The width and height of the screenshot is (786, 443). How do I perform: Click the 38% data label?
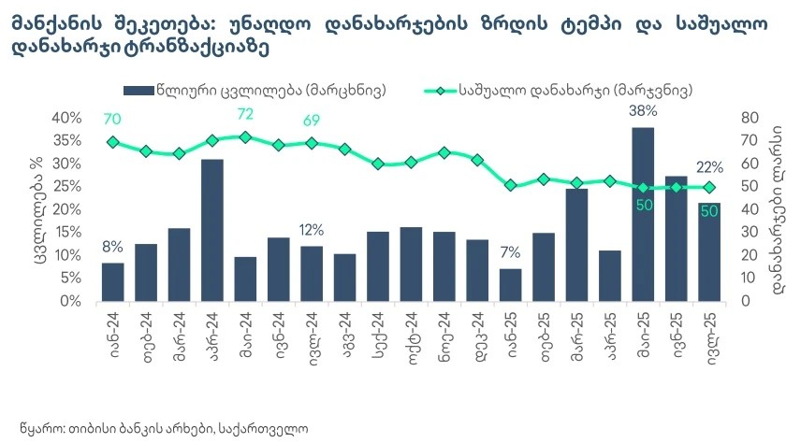pyautogui.click(x=644, y=110)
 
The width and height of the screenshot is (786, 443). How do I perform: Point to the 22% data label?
pyautogui.click(x=709, y=168)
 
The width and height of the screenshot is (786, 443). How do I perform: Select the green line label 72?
pyautogui.click(x=245, y=114)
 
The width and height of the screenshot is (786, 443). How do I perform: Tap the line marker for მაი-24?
pyautogui.click(x=245, y=136)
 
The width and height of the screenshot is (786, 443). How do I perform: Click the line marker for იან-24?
pyautogui.click(x=112, y=142)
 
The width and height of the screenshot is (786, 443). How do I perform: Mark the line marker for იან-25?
pyautogui.click(x=510, y=185)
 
